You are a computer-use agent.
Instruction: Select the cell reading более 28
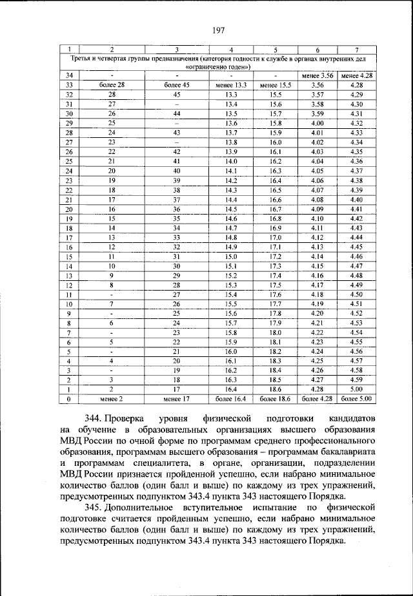tap(112, 85)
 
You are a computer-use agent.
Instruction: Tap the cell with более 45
tap(176, 85)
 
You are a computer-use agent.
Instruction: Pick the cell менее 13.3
tap(231, 85)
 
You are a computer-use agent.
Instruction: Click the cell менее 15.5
tap(276, 85)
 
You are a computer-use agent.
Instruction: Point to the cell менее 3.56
tap(317, 75)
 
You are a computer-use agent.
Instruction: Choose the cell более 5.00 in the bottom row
tap(356, 399)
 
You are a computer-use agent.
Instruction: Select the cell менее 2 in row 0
tap(112, 399)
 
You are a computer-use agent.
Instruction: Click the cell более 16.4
tap(231, 399)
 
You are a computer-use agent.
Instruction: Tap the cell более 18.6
tap(276, 399)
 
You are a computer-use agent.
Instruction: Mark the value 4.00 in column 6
tap(317, 123)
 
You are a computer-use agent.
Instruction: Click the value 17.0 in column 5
tap(276, 238)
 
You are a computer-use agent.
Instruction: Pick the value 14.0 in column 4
tap(231, 161)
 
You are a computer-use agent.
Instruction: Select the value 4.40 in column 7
tap(356, 199)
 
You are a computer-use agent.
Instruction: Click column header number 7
tap(356, 50)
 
